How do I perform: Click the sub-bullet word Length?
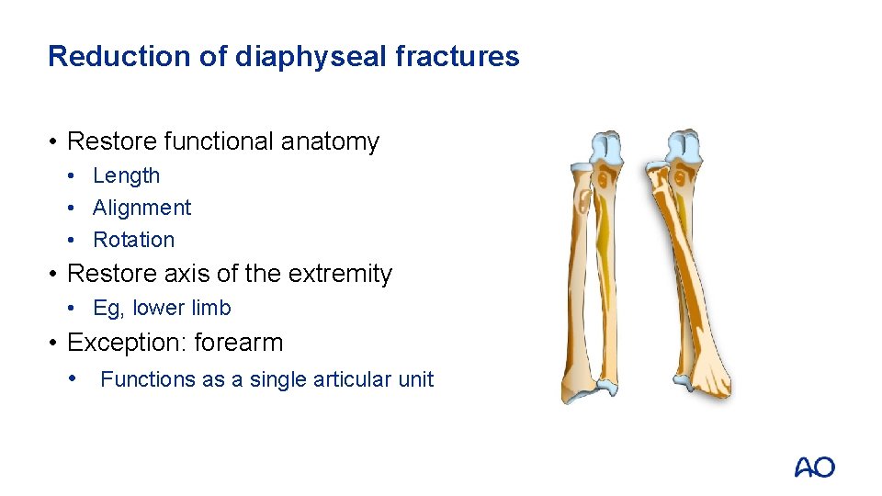click(127, 175)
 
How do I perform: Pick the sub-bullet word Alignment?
click(142, 208)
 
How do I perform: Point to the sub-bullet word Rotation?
click(134, 240)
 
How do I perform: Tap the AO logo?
click(814, 467)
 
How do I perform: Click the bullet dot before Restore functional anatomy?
click(55, 141)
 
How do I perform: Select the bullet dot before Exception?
click(55, 343)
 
